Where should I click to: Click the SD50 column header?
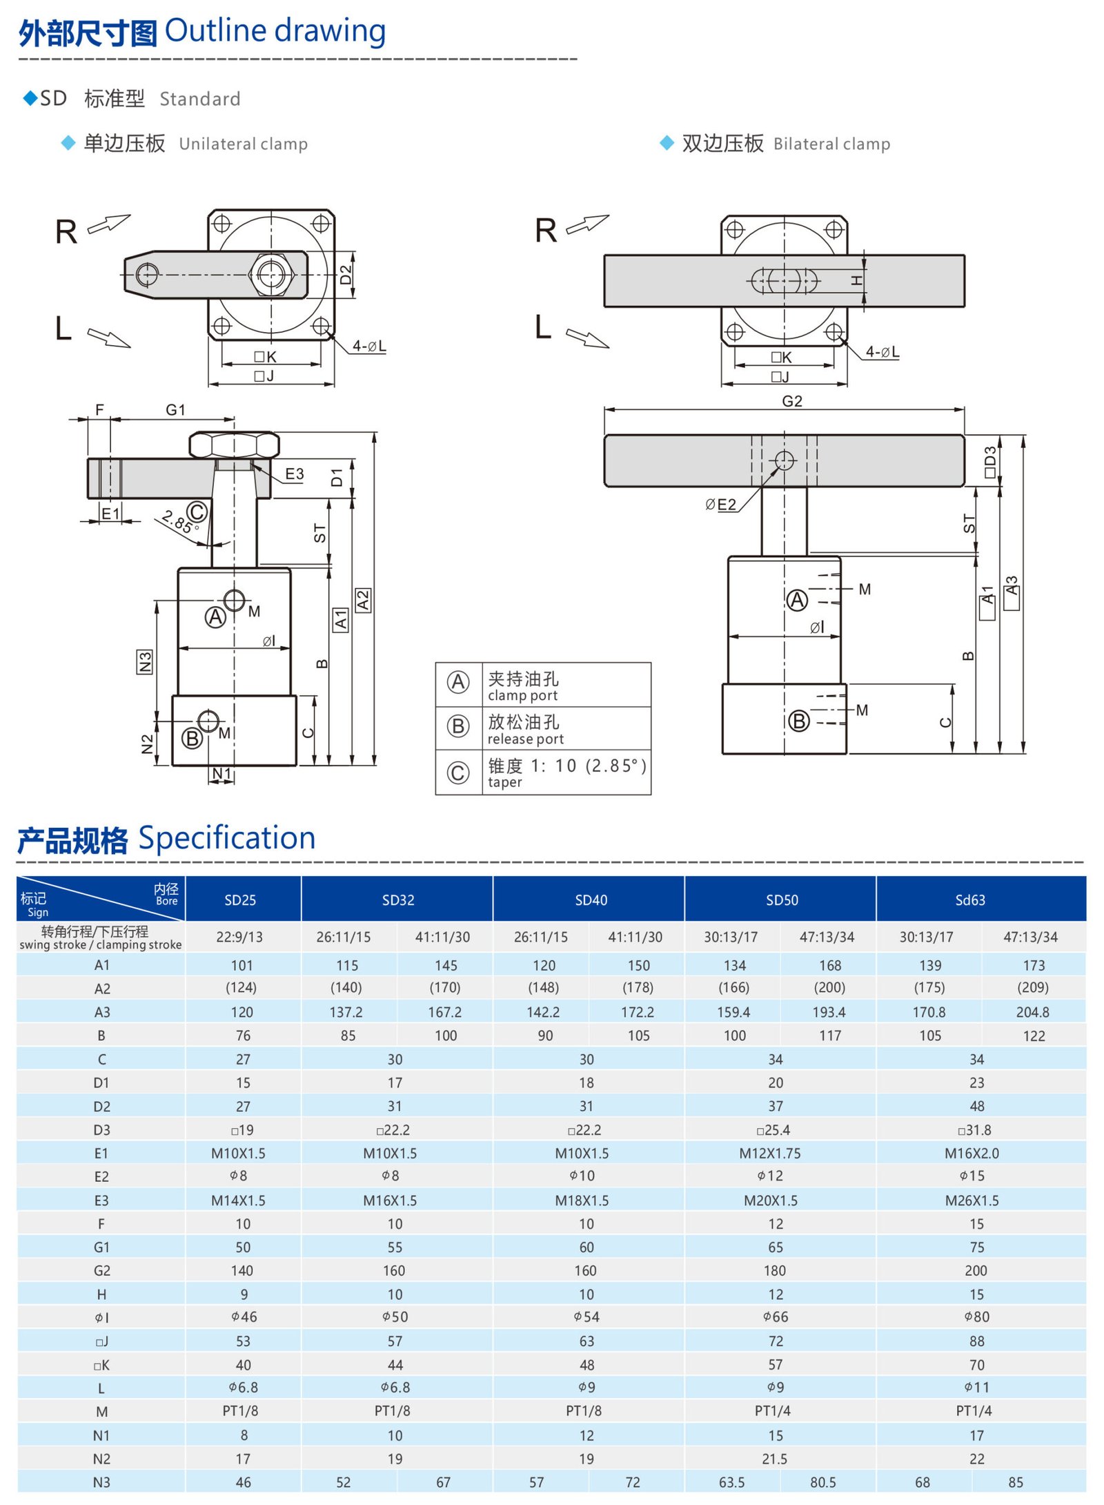(781, 900)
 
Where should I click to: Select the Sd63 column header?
(969, 900)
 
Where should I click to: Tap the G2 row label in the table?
(101, 1270)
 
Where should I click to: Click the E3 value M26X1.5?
(972, 1200)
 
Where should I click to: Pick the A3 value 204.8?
(1032, 1012)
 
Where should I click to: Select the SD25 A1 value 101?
(241, 965)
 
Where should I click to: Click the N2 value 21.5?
(774, 1458)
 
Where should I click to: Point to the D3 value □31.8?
(974, 1129)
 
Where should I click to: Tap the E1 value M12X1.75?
(769, 1153)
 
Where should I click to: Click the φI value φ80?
(976, 1317)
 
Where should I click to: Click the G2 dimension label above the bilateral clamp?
(791, 401)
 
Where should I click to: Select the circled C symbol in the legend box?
(458, 772)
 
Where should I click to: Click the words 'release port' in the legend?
(525, 739)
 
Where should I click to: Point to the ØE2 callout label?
(720, 505)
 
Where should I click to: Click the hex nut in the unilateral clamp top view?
(270, 275)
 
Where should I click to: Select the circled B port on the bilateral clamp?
(798, 721)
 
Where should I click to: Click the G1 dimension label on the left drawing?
(175, 409)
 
